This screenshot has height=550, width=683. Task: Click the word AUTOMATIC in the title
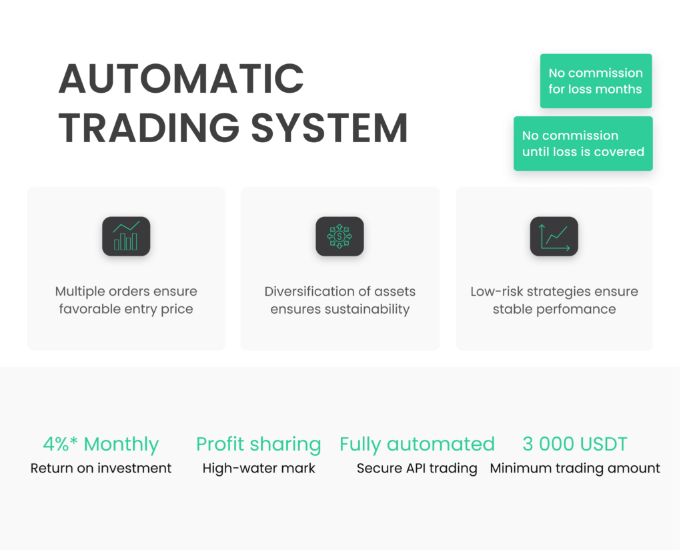point(181,79)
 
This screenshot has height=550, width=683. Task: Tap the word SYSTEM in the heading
point(329,127)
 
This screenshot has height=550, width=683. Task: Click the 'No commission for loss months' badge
point(596,81)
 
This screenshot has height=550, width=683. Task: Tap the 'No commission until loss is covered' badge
point(583,144)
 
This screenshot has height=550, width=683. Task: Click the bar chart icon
point(126,236)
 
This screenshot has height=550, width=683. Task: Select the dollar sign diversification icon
point(339,236)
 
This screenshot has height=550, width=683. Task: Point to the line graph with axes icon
point(554,236)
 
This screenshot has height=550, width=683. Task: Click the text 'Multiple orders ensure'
point(126,291)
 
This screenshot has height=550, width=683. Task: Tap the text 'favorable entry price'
point(126,309)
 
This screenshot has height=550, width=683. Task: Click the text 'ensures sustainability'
point(339,309)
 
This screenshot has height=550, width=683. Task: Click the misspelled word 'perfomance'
point(576,310)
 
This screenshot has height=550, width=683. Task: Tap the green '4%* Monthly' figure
point(101,444)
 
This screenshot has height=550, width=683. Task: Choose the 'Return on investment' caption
point(101,468)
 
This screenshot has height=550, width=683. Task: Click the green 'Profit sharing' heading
point(258,445)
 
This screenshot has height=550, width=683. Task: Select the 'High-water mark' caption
point(259,468)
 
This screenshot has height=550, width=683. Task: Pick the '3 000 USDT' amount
point(574,444)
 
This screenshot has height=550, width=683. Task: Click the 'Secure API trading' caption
point(417,469)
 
